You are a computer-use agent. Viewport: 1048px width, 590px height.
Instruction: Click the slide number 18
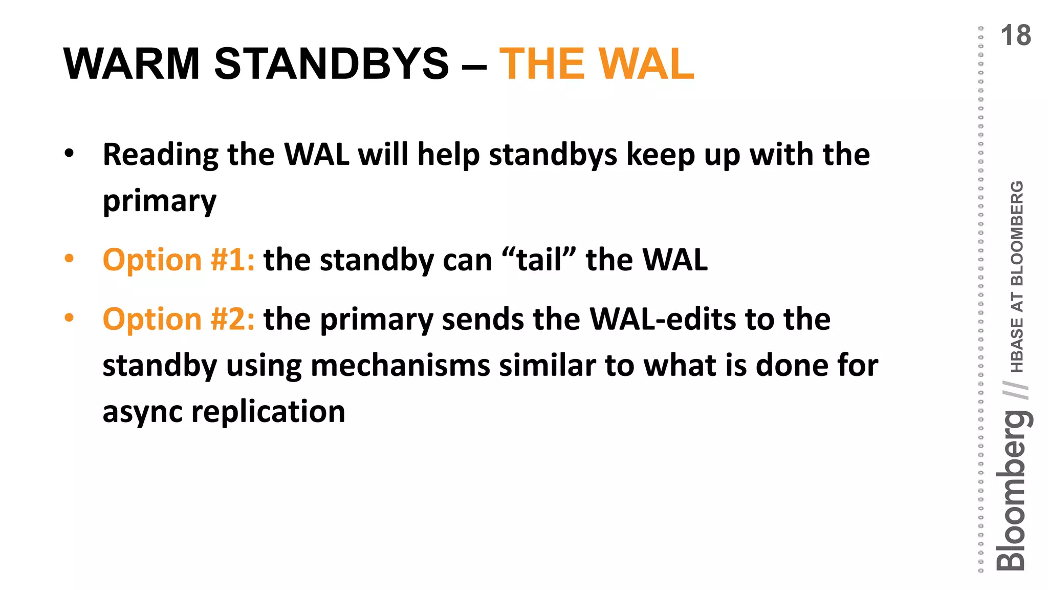(x=1015, y=36)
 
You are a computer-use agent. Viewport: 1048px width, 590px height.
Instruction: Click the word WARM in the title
(x=131, y=64)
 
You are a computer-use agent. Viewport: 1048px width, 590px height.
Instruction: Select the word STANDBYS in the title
(x=331, y=64)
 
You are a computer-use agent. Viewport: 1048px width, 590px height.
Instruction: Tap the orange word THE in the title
(x=541, y=64)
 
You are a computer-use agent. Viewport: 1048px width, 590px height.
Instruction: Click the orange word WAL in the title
(x=646, y=64)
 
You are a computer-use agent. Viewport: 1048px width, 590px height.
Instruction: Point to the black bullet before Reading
(x=69, y=154)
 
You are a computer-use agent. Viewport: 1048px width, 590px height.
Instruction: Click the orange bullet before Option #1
(x=69, y=259)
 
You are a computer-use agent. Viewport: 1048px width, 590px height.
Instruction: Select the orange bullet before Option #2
(x=69, y=318)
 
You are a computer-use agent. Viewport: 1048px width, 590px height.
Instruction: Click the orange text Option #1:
(x=179, y=260)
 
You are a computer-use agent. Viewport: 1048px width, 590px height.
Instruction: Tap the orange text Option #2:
(x=179, y=319)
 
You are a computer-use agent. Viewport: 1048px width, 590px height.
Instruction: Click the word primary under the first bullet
(x=160, y=201)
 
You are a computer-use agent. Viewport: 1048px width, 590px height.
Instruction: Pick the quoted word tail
(x=539, y=260)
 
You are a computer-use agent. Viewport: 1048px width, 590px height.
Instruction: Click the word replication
(x=268, y=411)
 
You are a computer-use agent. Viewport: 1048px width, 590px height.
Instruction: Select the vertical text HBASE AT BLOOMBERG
(x=1017, y=277)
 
